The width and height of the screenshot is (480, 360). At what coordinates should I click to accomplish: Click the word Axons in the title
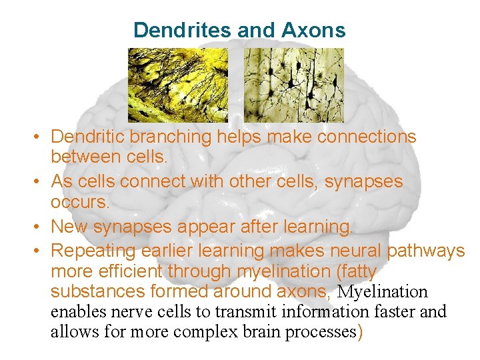click(x=313, y=30)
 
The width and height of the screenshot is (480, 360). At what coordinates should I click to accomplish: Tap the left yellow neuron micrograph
click(x=178, y=85)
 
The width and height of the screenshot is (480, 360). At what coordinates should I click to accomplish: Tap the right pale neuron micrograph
click(x=293, y=85)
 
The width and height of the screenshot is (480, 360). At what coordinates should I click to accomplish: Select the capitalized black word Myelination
click(x=383, y=292)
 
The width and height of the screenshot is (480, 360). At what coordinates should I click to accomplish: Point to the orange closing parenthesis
click(x=361, y=332)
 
